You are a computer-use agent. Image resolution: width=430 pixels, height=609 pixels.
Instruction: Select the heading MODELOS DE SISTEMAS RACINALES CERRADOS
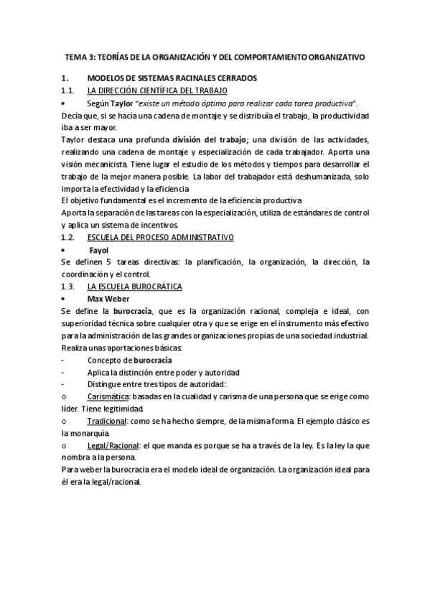point(172,78)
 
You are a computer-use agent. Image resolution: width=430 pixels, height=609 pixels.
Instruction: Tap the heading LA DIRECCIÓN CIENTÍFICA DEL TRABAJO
point(157,90)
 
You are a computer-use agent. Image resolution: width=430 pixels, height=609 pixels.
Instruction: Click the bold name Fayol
point(99,250)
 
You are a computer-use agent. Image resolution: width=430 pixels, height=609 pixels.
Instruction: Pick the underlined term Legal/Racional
point(113,445)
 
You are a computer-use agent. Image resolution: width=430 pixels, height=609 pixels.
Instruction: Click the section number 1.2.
point(68,237)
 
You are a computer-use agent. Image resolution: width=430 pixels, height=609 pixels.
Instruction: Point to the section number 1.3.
point(68,287)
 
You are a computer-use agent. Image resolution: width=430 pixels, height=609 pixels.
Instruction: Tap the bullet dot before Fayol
point(65,250)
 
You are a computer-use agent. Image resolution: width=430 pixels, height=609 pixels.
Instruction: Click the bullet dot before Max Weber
point(65,299)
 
